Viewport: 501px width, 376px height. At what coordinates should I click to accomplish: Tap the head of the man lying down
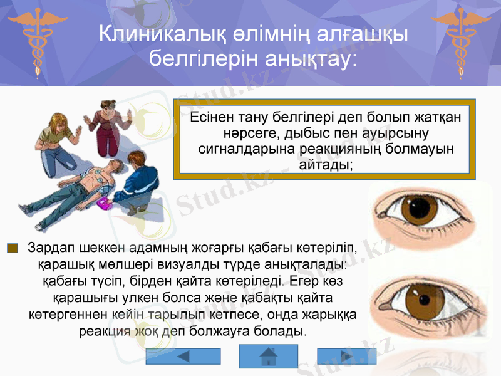click(116, 165)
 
